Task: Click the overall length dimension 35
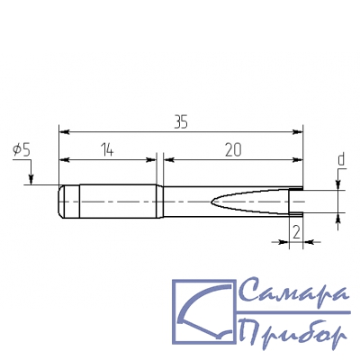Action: pos(181,122)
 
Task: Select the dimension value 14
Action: pos(107,150)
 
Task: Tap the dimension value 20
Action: pos(233,150)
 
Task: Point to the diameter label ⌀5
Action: pos(22,150)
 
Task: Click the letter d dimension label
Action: pos(341,159)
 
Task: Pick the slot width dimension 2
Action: pos(296,232)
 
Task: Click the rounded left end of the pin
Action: pos(61,202)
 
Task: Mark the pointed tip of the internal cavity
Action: pos(211,202)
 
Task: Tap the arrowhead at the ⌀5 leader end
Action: pos(31,180)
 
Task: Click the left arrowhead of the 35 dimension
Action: pos(64,132)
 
